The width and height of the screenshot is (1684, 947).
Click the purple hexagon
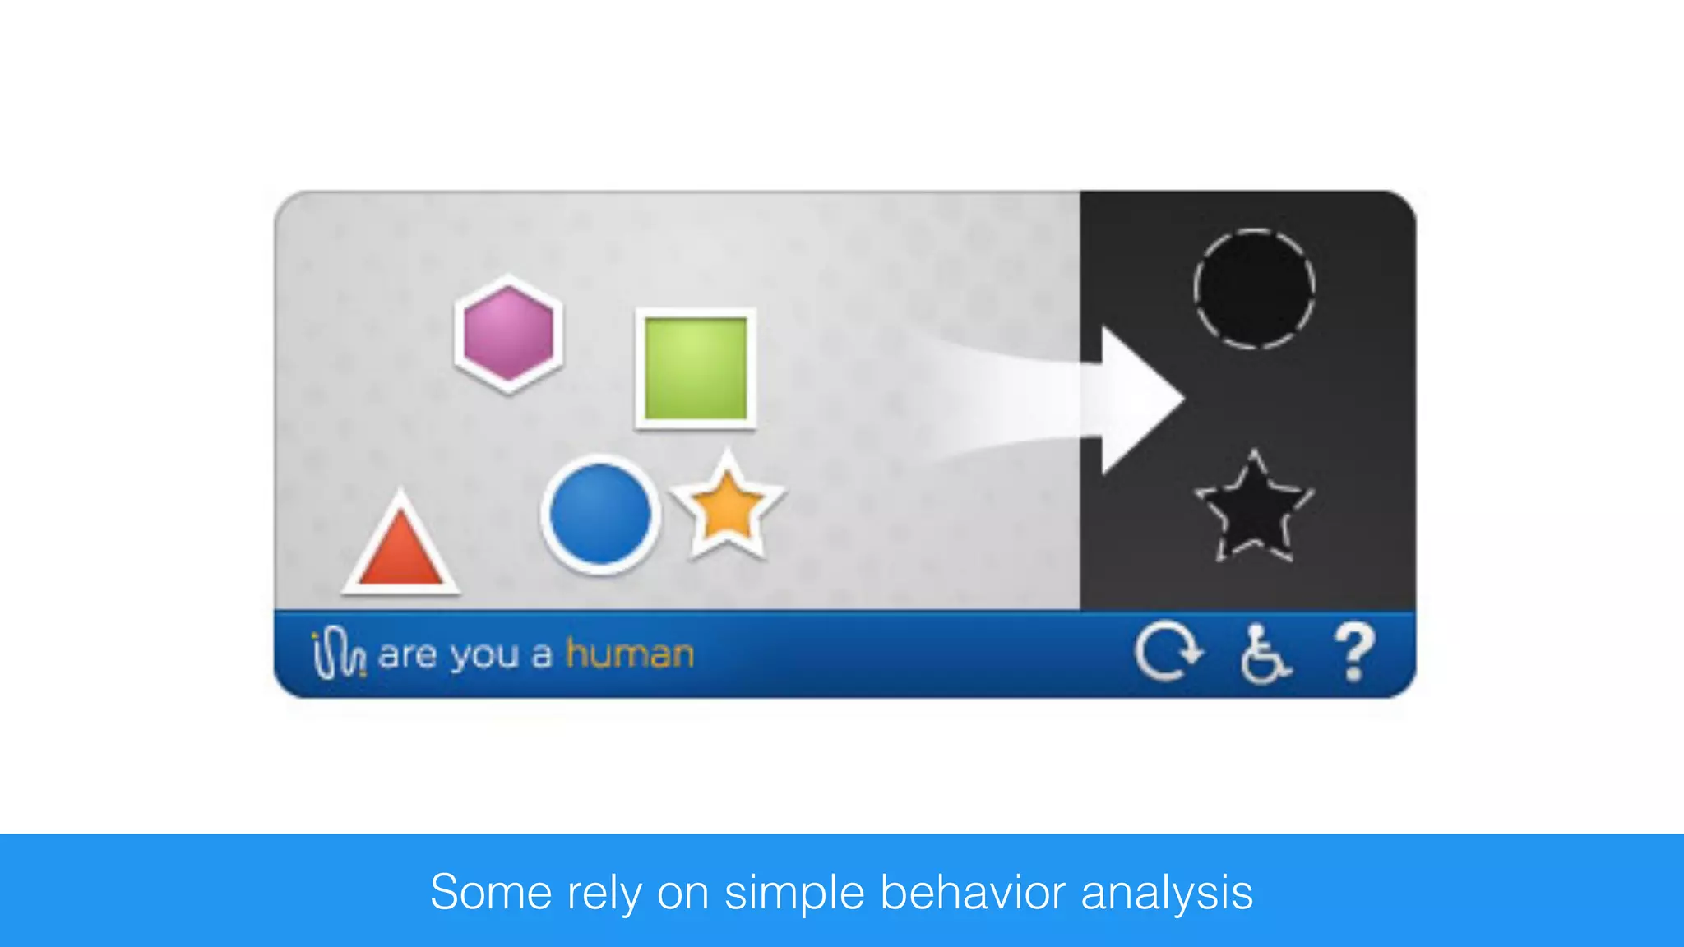[509, 333]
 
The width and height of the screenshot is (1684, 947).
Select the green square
[696, 369]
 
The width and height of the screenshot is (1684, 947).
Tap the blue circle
[600, 515]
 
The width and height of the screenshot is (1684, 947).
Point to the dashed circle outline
[1254, 289]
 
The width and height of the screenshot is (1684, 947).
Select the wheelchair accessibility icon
[1264, 654]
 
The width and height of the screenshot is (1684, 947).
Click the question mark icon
[1354, 653]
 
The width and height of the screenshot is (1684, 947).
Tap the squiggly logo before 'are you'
[337, 654]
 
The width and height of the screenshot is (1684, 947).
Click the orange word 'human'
[630, 654]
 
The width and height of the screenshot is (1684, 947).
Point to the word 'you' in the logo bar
[485, 656]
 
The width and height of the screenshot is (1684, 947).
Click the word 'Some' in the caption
[491, 892]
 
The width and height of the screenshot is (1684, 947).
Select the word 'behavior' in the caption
[973, 892]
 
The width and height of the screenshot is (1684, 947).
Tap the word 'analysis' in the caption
[1167, 894]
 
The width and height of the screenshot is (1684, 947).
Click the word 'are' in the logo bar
[407, 656]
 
